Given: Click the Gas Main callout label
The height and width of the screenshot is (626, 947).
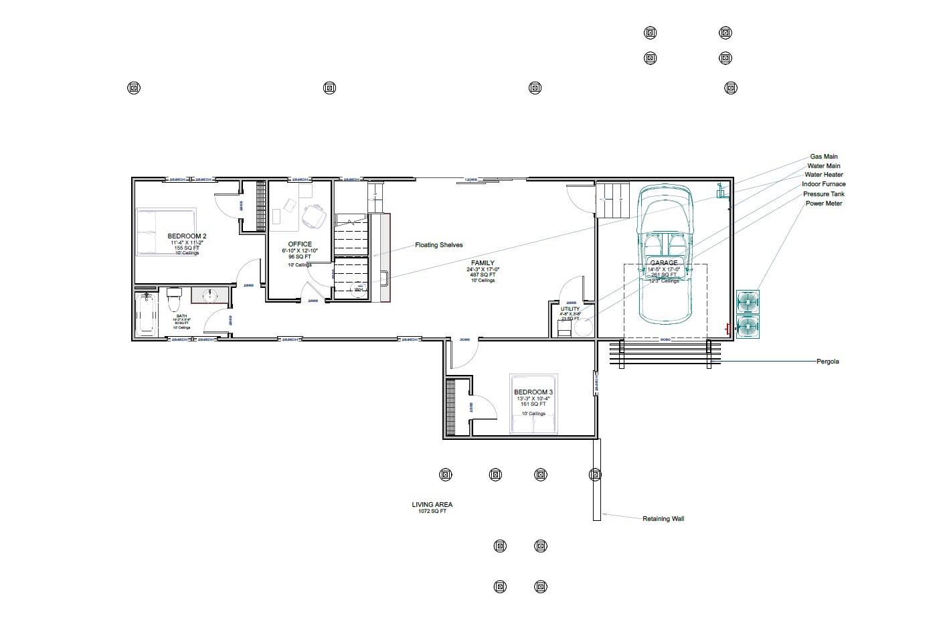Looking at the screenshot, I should (x=824, y=157).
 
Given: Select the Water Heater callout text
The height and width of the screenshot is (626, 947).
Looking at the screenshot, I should (x=824, y=175).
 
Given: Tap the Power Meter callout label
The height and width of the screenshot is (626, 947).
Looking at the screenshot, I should (x=824, y=204).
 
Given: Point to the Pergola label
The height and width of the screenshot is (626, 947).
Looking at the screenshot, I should (x=827, y=362).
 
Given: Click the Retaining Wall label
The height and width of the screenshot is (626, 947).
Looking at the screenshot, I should (x=663, y=519).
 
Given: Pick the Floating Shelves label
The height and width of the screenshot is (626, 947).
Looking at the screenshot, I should (x=438, y=245).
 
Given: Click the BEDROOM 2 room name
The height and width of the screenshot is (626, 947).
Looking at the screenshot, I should (x=187, y=236).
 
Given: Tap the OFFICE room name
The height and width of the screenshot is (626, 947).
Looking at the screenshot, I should (x=300, y=244).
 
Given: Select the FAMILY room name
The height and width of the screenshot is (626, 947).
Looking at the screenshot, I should (x=483, y=263).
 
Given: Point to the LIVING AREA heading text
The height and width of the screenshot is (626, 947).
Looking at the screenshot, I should (x=432, y=505).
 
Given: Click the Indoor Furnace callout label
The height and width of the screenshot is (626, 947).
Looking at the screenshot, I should (x=824, y=184).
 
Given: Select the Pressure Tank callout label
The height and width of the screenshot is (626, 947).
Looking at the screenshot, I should (x=824, y=194).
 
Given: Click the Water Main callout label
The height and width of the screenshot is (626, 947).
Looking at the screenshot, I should (x=824, y=166).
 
